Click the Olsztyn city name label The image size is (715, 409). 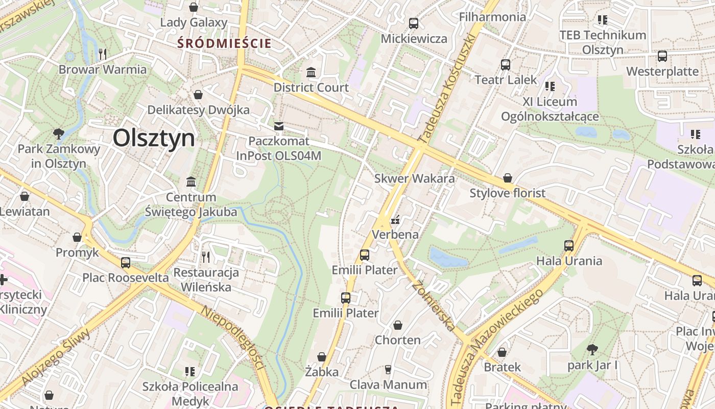click(x=154, y=138)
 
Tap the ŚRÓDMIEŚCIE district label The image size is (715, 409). click(x=224, y=43)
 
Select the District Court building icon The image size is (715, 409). click(x=311, y=72)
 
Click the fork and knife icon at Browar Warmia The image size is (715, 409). click(x=103, y=54)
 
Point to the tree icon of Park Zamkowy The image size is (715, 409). click(x=59, y=134)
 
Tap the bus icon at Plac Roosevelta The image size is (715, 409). click(x=126, y=263)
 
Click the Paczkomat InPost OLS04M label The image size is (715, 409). click(x=279, y=148)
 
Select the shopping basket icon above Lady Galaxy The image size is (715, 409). click(x=194, y=7)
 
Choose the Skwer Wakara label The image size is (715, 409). click(x=414, y=178)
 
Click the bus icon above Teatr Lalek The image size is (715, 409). click(x=506, y=65)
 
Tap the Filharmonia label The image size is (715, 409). click(x=492, y=17)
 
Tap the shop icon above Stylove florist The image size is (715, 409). click(x=508, y=178)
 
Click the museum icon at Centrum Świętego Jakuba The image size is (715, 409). click(x=192, y=182)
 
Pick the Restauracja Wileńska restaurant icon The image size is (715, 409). click(x=206, y=257)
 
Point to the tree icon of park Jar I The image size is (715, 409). click(x=592, y=350)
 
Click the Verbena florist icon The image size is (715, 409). click(x=395, y=220)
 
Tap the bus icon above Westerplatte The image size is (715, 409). click(x=662, y=56)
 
